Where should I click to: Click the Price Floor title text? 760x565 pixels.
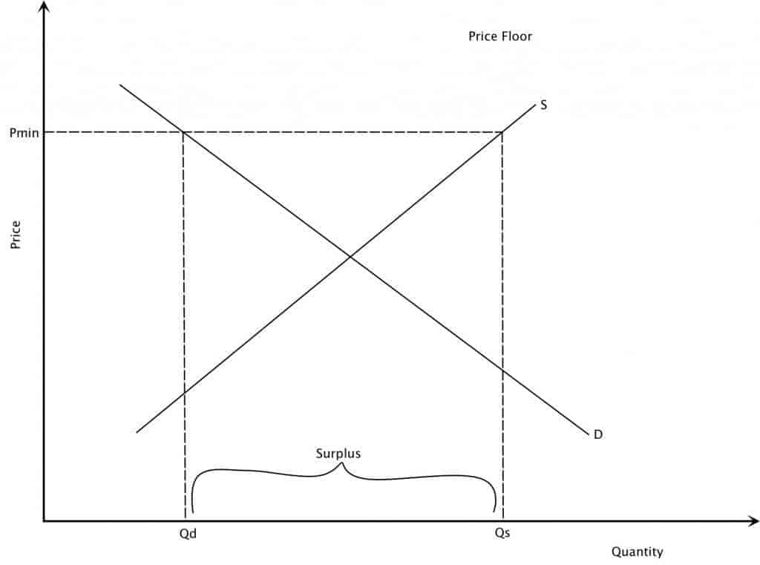click(499, 36)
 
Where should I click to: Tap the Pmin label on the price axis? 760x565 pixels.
click(24, 132)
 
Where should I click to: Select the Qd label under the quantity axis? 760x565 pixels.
click(188, 534)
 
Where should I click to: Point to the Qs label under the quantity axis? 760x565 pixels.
click(502, 532)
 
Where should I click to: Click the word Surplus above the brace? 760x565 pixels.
click(338, 454)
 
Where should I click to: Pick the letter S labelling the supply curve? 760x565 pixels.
click(543, 105)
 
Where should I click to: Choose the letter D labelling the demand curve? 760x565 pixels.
click(598, 434)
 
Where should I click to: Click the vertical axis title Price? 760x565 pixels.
click(16, 235)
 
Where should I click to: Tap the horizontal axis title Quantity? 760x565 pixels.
click(637, 552)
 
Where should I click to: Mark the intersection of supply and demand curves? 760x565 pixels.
click(350, 256)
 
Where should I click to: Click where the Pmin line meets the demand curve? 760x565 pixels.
click(183, 132)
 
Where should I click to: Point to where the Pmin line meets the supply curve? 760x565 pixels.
click(502, 132)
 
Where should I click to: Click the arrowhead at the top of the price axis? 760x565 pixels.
click(44, 3)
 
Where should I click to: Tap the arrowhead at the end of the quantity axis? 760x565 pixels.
click(757, 521)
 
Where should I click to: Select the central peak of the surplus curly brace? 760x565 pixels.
click(342, 463)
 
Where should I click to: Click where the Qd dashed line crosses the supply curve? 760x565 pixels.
click(184, 392)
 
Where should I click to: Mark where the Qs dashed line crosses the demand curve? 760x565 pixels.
click(502, 371)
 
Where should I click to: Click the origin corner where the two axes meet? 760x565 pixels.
click(44, 521)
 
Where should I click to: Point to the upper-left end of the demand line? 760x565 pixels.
click(119, 85)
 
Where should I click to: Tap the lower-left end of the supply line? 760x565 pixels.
click(137, 432)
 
